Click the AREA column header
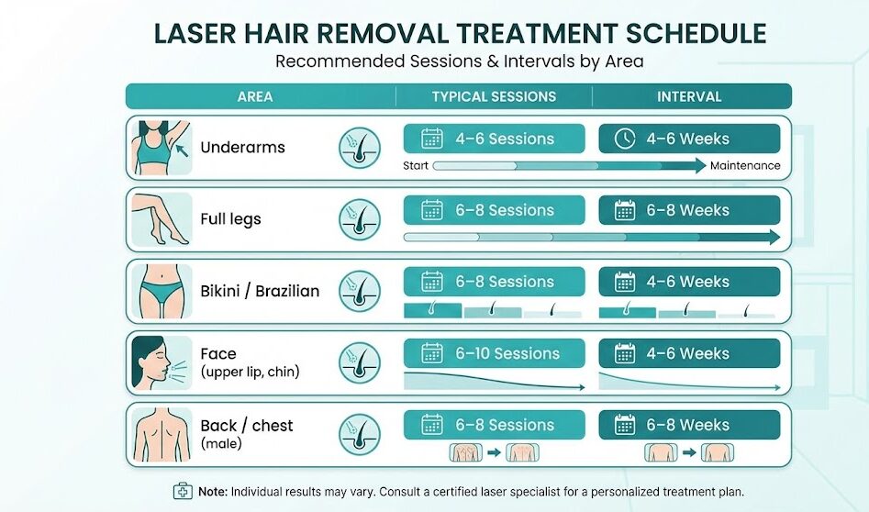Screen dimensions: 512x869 [x=254, y=96]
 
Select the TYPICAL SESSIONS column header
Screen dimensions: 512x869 [x=494, y=96]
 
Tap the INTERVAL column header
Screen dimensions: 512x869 [x=689, y=96]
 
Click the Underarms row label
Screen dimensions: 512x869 [x=242, y=148]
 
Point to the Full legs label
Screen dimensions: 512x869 [x=230, y=219]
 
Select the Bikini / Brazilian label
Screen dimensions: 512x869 [x=260, y=291]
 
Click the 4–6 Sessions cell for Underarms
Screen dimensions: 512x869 [x=494, y=139]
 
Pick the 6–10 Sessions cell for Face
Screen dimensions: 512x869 [x=494, y=353]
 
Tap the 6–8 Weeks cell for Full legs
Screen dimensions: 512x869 [x=689, y=210]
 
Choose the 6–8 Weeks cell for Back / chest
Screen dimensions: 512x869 [x=689, y=425]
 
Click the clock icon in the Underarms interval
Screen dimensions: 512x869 [x=625, y=139]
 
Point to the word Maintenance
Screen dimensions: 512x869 [x=745, y=166]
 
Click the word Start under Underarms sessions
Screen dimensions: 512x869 [x=417, y=166]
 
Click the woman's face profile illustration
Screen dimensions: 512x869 [x=158, y=362]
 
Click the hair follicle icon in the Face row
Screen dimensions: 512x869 [x=359, y=362]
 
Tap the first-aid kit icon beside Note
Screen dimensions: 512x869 [x=183, y=491]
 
